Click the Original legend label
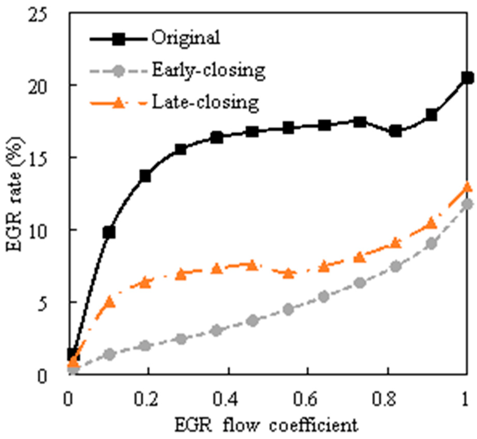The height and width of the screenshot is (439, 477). click(186, 38)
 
